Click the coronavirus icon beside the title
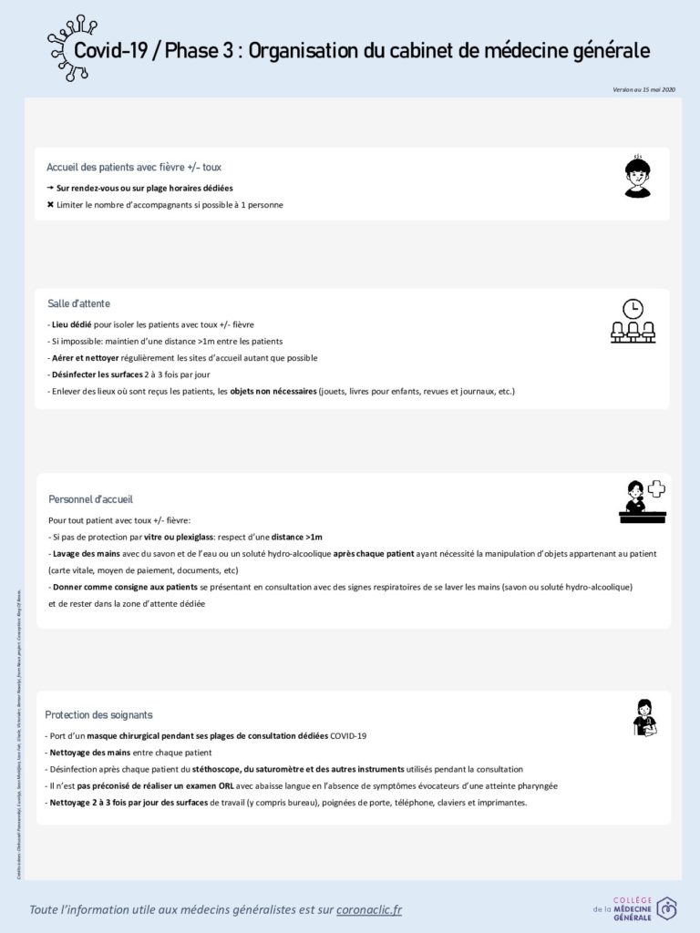click(71, 47)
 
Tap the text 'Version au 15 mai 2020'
click(644, 89)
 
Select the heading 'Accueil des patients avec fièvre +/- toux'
click(134, 168)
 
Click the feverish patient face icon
click(637, 177)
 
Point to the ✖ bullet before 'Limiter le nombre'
click(50, 205)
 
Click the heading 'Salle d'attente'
click(78, 303)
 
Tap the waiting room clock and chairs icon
click(633, 321)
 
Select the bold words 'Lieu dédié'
click(73, 324)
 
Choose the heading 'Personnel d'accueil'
click(90, 499)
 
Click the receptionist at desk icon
click(642, 500)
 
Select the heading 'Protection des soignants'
click(98, 715)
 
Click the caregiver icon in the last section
click(644, 717)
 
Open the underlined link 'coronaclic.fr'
click(368, 909)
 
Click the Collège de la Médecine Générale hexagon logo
click(667, 908)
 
